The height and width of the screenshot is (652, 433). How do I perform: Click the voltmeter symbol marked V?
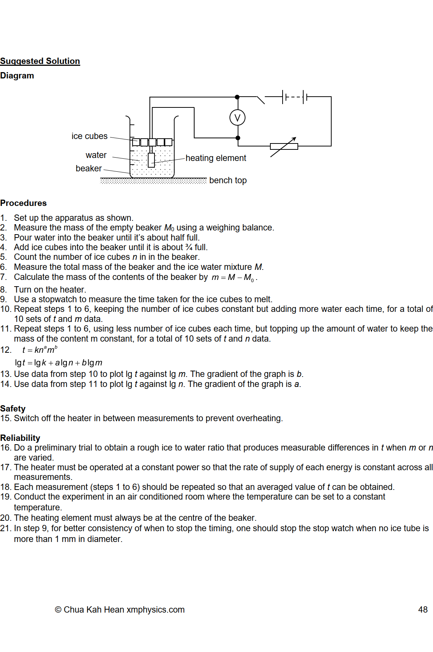point(237,118)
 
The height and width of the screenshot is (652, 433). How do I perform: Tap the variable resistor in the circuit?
point(284,146)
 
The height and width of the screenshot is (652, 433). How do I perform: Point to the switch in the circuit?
point(261,99)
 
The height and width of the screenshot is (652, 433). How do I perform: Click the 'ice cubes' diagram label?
point(89,136)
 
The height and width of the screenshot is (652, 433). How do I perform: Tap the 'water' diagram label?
point(96,155)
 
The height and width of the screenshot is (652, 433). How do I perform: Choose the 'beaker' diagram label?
point(88,168)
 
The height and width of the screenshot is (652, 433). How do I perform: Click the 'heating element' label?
point(216,158)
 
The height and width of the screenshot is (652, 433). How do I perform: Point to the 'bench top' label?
point(228,180)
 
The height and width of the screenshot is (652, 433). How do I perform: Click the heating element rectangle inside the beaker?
point(151,160)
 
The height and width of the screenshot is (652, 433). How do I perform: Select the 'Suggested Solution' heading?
point(40,61)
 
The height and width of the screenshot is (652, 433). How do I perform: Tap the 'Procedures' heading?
point(23,203)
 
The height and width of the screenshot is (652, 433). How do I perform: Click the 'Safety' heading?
point(13,409)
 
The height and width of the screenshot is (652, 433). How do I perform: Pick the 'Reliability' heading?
point(20,438)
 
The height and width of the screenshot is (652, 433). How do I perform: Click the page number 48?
point(423,610)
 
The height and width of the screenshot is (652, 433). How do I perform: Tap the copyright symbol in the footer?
point(58,610)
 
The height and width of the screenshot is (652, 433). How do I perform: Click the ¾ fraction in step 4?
point(189,247)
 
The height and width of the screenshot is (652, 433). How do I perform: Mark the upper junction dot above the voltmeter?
point(237,97)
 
